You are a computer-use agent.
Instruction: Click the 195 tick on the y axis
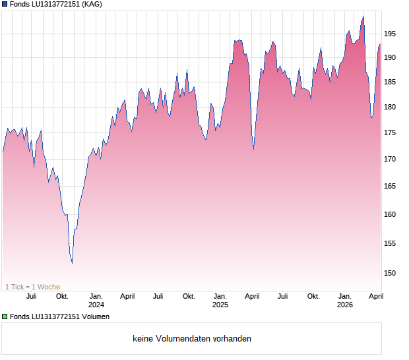390,34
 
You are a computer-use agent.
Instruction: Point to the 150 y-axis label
390,273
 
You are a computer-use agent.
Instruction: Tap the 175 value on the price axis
390,133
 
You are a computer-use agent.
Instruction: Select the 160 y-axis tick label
390,214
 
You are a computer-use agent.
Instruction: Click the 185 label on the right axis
390,82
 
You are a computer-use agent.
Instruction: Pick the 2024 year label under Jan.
96,305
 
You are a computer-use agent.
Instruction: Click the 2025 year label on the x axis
220,305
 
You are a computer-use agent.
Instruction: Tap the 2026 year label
345,305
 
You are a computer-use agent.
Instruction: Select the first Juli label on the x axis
31,296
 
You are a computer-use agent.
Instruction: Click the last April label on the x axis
375,296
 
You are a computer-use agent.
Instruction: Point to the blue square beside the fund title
5,5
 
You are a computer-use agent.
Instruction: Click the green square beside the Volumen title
5,317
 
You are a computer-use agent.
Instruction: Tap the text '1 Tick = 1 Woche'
32,287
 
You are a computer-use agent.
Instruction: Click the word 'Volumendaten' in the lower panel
181,339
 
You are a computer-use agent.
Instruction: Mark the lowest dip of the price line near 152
72,263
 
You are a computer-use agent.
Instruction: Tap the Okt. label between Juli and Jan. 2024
62,296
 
